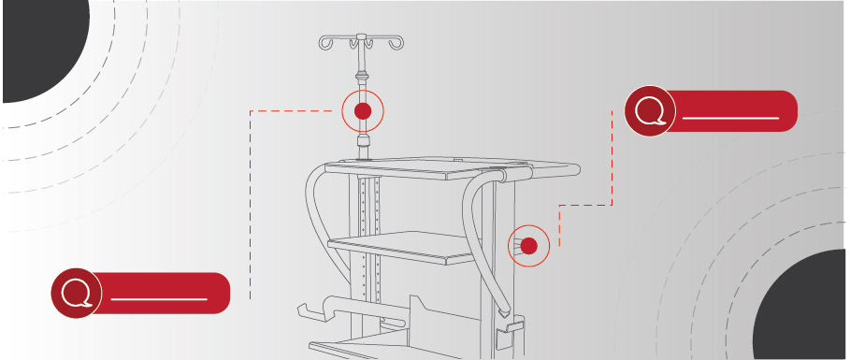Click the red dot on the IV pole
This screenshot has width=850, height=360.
364,111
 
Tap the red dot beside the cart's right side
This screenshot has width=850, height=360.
528,246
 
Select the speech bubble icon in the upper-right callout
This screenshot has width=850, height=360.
650,111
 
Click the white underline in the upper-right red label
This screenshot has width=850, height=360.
730,120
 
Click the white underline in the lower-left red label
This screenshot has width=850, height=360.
158,299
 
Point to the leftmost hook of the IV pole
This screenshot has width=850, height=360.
324,43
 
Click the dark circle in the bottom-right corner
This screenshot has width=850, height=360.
804,309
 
